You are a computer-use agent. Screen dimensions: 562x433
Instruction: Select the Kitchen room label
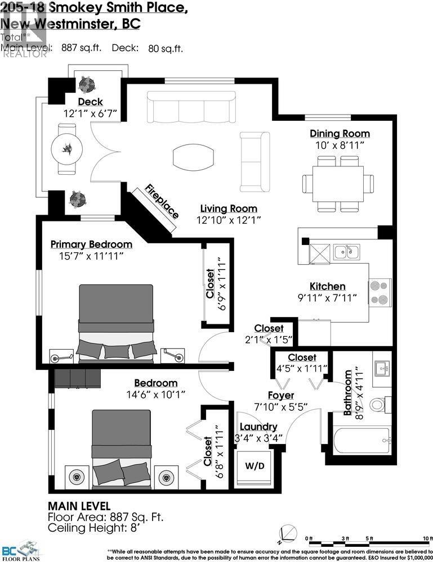coord(327,286)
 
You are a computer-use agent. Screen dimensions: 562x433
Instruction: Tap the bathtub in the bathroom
coord(360,441)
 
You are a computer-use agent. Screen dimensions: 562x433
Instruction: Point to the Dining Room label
coord(340,133)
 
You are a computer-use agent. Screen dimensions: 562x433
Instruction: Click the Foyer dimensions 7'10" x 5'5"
coord(279,407)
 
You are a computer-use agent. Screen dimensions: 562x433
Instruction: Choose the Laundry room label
coord(258,427)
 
